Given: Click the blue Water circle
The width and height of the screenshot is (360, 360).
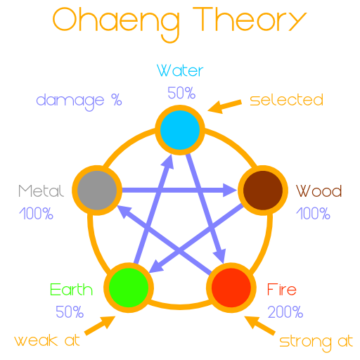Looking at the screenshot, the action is click(180, 130).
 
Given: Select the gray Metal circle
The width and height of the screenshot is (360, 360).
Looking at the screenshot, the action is click(97, 190).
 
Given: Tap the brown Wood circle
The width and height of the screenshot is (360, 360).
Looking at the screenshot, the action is click(263, 190).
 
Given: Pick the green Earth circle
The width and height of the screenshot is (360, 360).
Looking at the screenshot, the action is click(129, 288).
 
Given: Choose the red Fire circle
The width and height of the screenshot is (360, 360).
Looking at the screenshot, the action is click(231, 288).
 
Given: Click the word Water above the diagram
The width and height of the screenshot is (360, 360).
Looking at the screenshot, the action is click(180, 70).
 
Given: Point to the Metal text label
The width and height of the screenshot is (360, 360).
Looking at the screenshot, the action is click(41, 191).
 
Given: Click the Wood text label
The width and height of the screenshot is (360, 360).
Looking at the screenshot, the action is click(319, 191).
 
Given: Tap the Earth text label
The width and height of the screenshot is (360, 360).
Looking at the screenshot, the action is click(71, 290).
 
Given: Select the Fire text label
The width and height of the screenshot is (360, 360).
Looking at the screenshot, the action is click(282, 289).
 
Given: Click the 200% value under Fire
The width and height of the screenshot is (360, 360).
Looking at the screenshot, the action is click(285, 311).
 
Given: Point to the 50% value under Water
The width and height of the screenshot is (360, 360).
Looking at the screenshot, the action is click(181, 93).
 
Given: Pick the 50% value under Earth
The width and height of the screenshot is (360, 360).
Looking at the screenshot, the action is click(70, 311).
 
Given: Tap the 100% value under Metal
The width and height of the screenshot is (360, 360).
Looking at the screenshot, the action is click(36, 213).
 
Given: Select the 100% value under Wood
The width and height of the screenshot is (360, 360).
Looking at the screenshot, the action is click(313, 213).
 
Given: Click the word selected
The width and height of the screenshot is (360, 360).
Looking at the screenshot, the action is click(286, 100).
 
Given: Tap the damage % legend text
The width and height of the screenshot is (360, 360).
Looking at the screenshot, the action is click(79, 101).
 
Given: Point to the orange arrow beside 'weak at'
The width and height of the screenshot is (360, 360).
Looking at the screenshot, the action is click(100, 326).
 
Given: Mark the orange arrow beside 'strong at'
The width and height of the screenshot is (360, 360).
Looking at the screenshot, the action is click(259, 326).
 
